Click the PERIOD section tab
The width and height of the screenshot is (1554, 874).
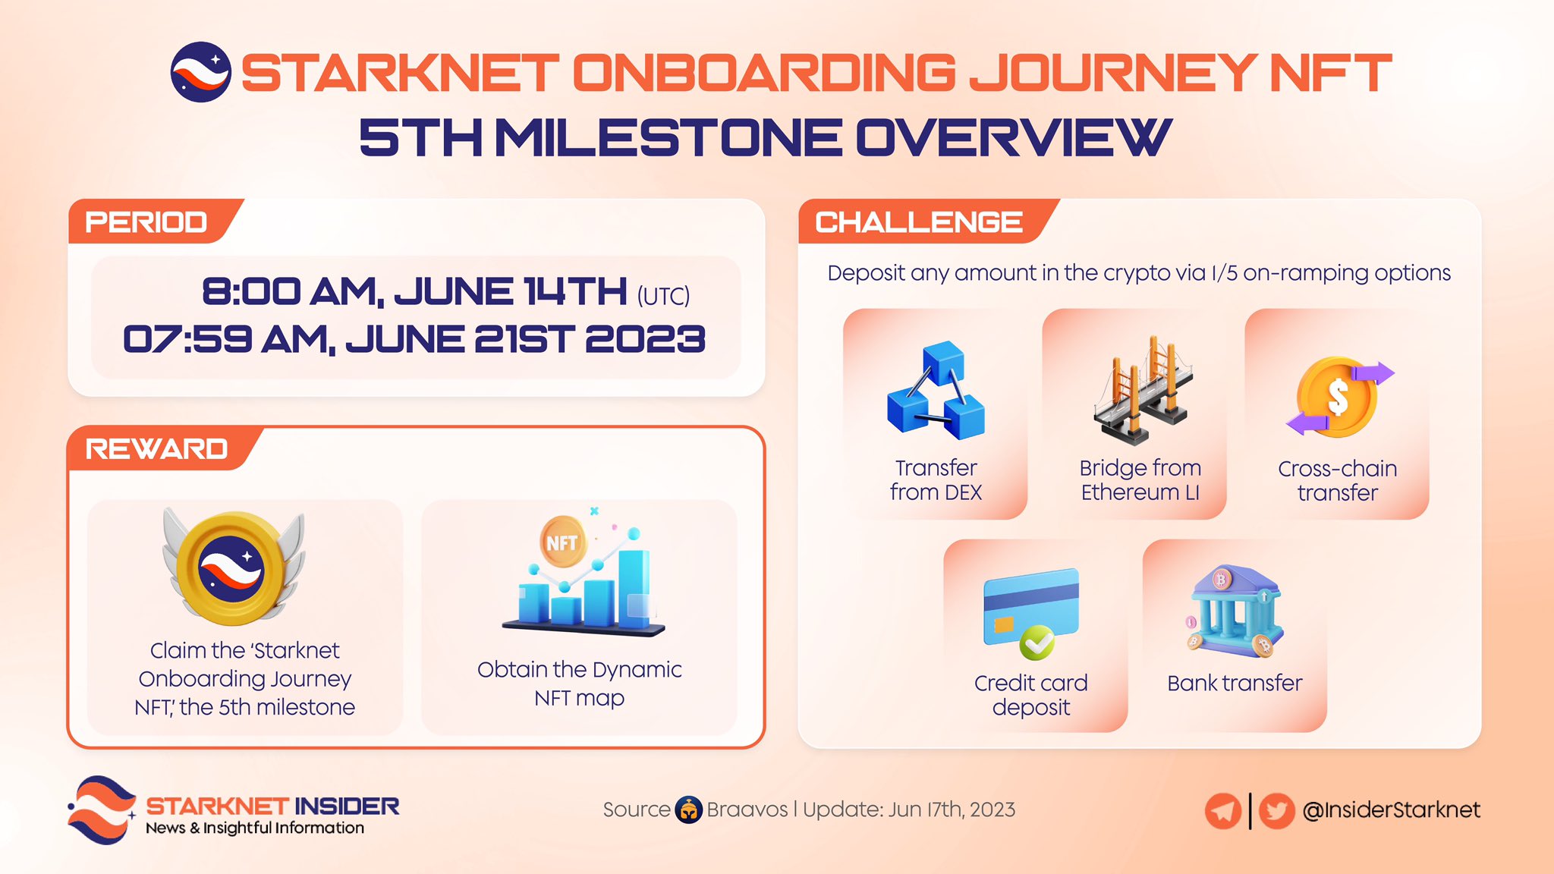(146, 222)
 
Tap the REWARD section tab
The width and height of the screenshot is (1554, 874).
(157, 449)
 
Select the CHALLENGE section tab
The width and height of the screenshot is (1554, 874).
(919, 222)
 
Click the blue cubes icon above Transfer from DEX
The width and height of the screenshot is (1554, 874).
(936, 391)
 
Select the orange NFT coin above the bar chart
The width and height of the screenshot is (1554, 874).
(562, 542)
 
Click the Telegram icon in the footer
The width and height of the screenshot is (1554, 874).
(1222, 811)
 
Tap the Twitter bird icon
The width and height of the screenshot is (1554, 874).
(1276, 811)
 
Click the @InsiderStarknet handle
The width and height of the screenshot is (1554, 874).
(1391, 810)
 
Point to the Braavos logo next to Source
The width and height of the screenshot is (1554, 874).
(688, 810)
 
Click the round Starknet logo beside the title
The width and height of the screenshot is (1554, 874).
(200, 72)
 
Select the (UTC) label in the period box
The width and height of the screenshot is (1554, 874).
(663, 296)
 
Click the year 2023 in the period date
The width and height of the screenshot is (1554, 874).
(645, 339)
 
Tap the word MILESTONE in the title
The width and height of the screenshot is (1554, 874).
(668, 138)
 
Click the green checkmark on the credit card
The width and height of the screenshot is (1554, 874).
(1037, 643)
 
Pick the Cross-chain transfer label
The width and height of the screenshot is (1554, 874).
(1338, 480)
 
